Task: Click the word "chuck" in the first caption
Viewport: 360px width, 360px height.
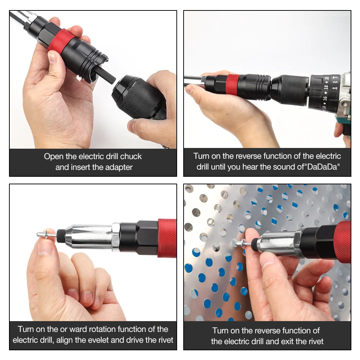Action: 131,157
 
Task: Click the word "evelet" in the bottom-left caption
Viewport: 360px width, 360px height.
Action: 109,340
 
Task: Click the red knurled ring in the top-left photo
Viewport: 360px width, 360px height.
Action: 61,41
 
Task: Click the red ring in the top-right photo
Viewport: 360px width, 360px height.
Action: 232,85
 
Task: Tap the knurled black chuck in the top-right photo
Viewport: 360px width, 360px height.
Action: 290,90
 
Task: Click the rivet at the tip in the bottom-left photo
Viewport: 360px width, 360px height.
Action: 46,235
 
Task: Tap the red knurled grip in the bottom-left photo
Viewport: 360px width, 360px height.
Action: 167,238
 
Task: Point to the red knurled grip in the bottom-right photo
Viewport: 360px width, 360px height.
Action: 342,241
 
